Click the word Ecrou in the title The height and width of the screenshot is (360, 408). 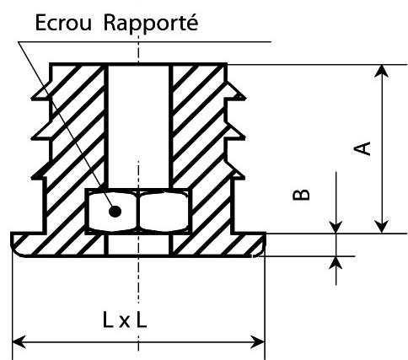[x=63, y=23]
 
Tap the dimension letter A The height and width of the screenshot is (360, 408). [x=362, y=148]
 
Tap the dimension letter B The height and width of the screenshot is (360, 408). [x=301, y=195]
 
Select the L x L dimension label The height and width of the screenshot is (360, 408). [x=125, y=320]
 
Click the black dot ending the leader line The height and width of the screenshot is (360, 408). [x=115, y=212]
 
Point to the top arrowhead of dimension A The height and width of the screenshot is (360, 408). [x=382, y=71]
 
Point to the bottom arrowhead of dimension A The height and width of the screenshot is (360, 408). [x=382, y=227]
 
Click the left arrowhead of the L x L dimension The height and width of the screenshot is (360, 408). [x=19, y=342]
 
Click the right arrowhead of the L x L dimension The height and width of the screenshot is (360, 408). [x=258, y=342]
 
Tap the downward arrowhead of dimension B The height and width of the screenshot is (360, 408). [x=336, y=227]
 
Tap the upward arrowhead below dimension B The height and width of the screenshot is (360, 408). [x=336, y=263]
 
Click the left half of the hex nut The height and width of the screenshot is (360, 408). [x=112, y=212]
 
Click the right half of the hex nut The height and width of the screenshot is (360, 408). [x=164, y=212]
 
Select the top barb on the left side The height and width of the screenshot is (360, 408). [x=41, y=91]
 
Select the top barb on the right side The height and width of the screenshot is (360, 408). [x=235, y=91]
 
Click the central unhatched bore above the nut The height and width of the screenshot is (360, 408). [x=138, y=126]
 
